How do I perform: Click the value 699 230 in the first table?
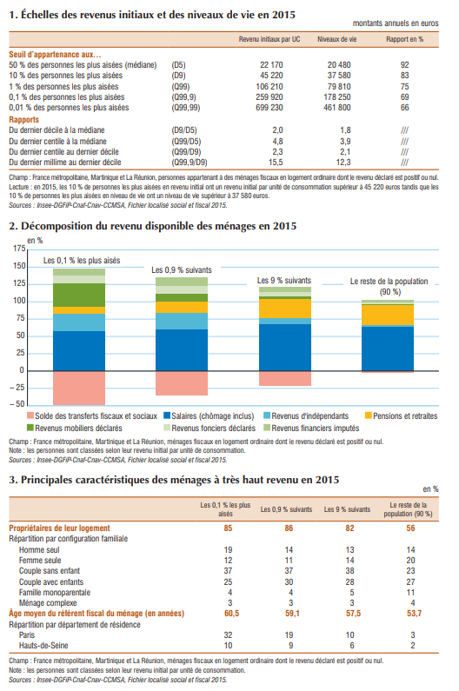[x=269, y=108]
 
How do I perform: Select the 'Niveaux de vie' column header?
[x=337, y=39]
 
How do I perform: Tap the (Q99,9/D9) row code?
[x=190, y=163]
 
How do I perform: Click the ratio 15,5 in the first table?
[x=276, y=163]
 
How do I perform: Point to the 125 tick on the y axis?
[x=19, y=283]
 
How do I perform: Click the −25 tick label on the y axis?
[x=17, y=388]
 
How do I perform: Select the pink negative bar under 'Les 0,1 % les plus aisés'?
[x=79, y=388]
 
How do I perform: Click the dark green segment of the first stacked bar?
[x=79, y=295]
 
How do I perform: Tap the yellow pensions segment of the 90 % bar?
[x=388, y=316]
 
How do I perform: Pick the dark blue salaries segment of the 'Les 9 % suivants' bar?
[x=285, y=348]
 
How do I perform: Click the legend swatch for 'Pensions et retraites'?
[x=369, y=415]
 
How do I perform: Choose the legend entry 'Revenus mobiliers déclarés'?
[x=75, y=428]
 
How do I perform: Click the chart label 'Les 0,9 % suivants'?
[x=182, y=269]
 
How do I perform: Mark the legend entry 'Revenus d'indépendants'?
[x=306, y=416]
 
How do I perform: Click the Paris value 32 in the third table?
[x=228, y=635]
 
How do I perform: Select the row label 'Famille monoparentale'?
[x=55, y=593]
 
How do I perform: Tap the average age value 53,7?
[x=414, y=614]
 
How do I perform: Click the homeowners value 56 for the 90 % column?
[x=410, y=528]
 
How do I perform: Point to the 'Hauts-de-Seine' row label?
[x=43, y=646]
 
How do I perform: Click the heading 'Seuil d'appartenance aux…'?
[x=55, y=55]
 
